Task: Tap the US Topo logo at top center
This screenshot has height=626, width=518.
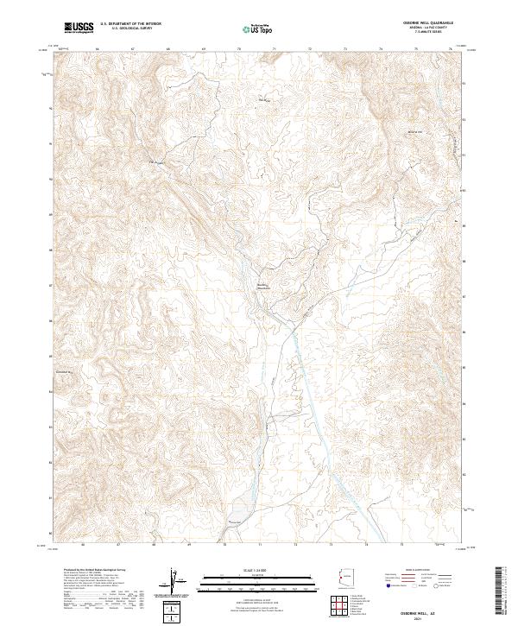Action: (x=258, y=29)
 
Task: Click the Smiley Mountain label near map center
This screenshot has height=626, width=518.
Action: (x=263, y=286)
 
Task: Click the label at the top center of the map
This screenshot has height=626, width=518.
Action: (x=263, y=101)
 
